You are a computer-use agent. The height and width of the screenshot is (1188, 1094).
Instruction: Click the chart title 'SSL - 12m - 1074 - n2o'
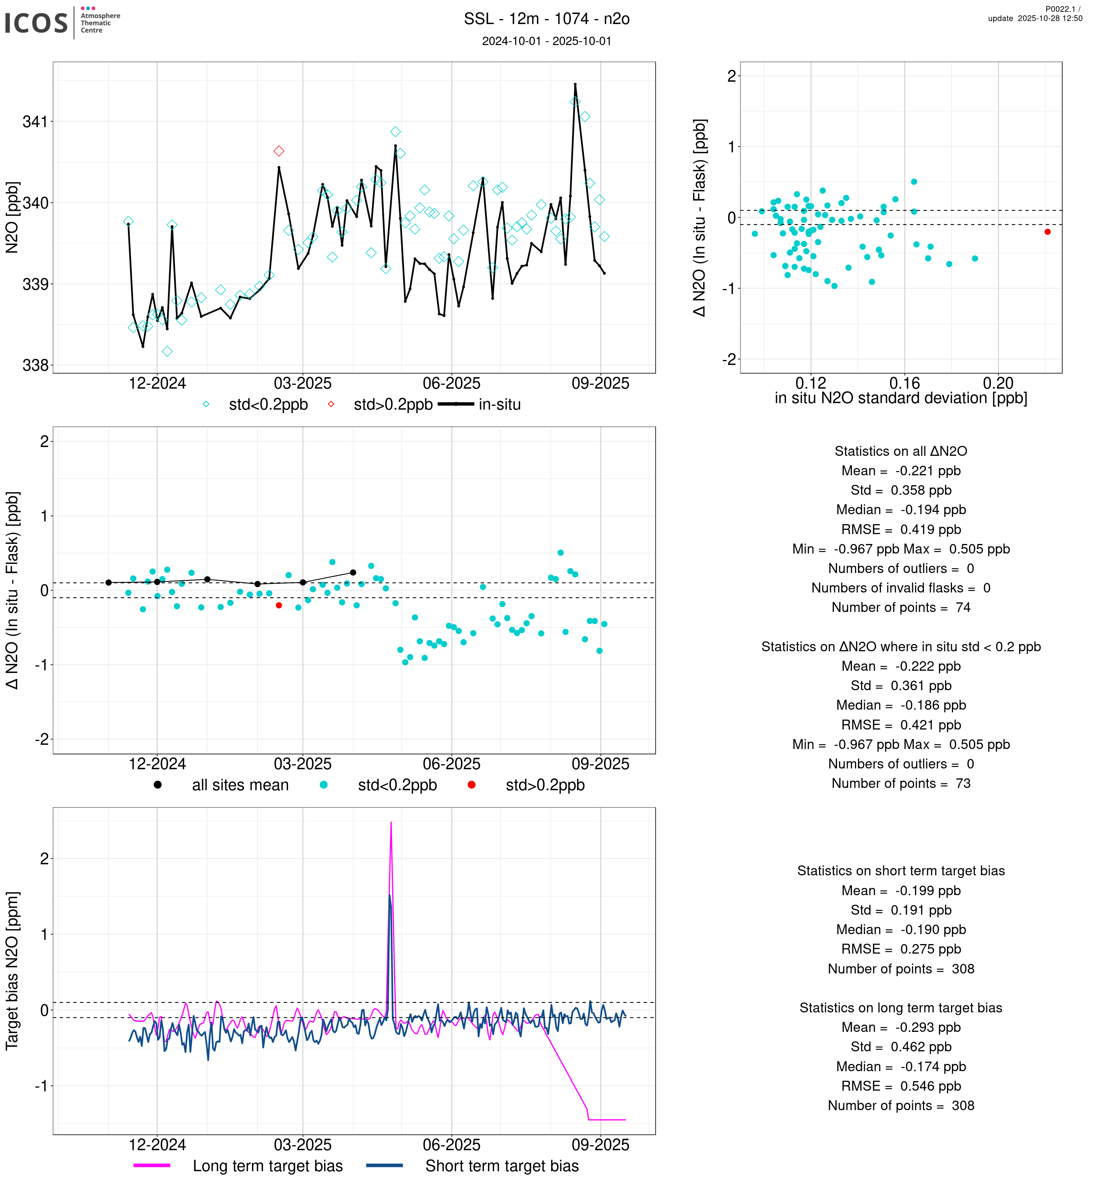546,19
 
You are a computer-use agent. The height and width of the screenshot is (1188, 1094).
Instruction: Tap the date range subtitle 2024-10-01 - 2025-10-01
546,41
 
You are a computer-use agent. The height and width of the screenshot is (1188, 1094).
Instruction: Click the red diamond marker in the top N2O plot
279,151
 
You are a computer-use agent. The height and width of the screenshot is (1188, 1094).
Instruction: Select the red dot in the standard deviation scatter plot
1047,232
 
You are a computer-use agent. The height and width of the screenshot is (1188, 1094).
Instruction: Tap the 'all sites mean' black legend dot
157,785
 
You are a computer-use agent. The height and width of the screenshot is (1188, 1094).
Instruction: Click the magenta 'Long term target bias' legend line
152,1165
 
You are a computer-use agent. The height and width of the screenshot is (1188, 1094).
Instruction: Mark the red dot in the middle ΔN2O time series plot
279,605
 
